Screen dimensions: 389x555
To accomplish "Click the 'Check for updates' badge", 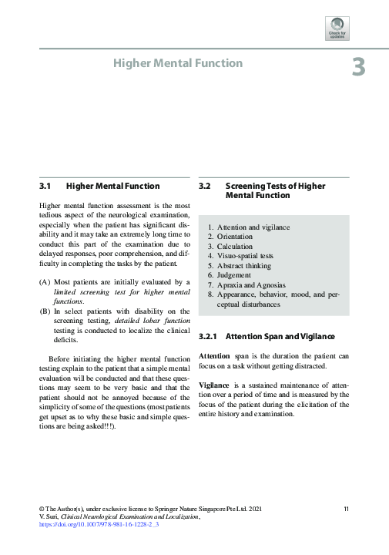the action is (338, 29).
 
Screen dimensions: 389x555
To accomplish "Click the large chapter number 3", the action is (358, 68).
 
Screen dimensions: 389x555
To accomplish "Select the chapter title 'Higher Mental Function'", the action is (178, 63).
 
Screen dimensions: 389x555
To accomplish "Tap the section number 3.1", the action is (45, 186).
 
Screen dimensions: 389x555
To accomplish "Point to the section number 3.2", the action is (205, 186).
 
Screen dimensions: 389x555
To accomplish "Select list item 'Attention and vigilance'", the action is (253, 227).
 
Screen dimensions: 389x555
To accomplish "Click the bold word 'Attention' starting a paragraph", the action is (214, 356).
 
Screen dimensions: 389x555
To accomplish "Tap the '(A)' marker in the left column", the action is (45, 283).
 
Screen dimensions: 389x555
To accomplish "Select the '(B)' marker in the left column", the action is (45, 311).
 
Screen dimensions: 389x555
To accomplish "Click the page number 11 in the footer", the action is (347, 509).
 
